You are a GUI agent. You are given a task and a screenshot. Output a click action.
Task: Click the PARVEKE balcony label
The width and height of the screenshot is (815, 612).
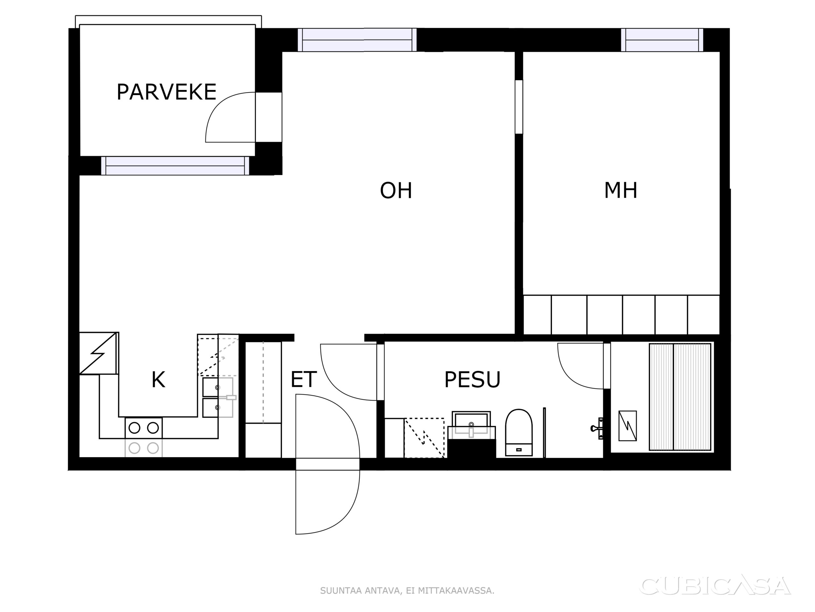(167, 92)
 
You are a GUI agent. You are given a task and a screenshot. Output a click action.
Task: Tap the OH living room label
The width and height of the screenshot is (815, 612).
(396, 191)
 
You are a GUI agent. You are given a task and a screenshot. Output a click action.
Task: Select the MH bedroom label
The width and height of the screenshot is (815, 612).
(620, 191)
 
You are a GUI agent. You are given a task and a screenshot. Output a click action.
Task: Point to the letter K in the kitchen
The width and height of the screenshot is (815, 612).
(158, 380)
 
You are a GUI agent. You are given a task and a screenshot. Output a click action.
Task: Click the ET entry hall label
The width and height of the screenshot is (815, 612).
(304, 380)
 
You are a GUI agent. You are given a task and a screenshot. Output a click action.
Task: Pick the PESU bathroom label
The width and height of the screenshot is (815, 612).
(472, 380)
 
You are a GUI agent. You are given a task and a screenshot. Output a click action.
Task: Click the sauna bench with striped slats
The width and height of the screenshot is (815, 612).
(680, 397)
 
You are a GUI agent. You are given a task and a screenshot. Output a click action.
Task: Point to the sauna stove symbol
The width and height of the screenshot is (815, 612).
(627, 426)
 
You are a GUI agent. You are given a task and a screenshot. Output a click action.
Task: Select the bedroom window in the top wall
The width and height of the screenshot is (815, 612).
(662, 40)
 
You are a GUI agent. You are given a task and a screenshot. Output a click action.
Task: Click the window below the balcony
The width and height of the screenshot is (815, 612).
(175, 166)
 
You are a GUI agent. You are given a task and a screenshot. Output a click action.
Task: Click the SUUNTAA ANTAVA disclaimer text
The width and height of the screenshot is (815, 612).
(407, 591)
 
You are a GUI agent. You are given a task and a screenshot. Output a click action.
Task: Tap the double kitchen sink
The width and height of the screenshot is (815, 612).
(218, 397)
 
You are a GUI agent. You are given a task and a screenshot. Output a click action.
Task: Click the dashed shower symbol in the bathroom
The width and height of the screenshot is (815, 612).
(424, 438)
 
